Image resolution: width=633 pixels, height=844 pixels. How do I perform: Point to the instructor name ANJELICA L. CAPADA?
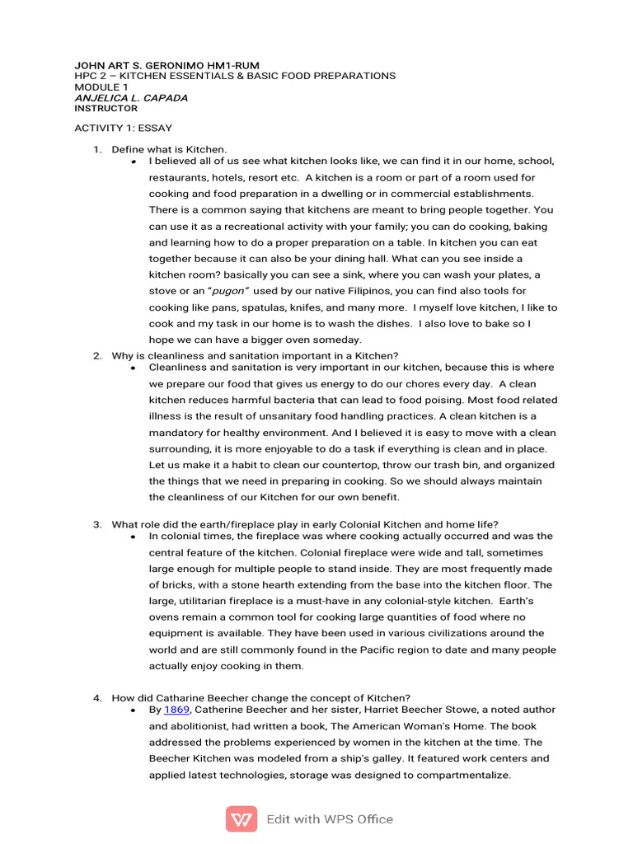[131, 97]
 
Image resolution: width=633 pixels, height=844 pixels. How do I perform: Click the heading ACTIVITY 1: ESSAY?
[123, 129]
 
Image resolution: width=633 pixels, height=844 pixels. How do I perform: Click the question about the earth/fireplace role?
[305, 524]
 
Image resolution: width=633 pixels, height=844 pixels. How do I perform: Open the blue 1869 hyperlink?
[176, 710]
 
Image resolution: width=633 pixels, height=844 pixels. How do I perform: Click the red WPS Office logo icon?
[241, 819]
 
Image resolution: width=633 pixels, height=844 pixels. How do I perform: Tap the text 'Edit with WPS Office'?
[330, 819]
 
